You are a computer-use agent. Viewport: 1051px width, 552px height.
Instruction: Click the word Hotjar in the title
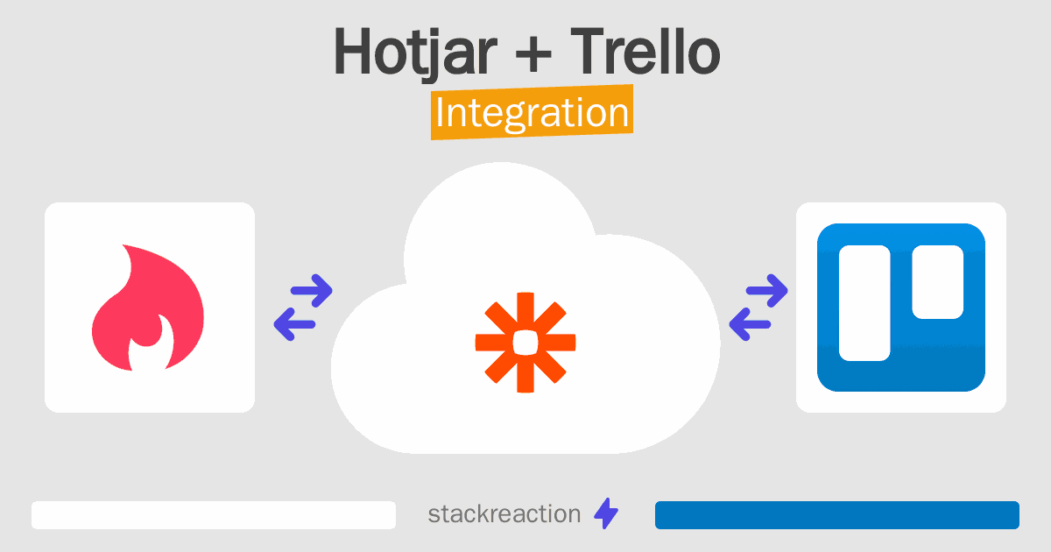point(415,53)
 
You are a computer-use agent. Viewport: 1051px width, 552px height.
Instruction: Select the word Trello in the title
point(645,51)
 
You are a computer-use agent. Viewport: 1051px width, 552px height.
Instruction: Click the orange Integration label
point(533,112)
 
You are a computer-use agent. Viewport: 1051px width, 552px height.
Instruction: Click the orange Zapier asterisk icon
point(525,343)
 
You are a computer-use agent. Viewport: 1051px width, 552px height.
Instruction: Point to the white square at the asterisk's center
point(525,343)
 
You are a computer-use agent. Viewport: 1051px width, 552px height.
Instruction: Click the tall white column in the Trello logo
point(864,303)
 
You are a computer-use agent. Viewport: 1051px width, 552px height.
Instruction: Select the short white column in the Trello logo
point(937,281)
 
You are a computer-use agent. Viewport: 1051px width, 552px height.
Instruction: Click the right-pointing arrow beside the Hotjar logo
point(312,291)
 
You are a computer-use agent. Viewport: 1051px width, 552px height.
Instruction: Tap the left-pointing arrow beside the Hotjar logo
point(294,324)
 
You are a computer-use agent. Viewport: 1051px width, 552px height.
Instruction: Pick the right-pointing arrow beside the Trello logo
point(766,291)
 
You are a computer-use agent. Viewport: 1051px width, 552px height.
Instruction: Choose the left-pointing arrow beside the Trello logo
point(750,324)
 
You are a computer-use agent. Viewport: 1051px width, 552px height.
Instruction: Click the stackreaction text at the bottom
point(504,514)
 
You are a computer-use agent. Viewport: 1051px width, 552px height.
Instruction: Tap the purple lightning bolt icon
point(606,513)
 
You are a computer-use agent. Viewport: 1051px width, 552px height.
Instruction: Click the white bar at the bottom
point(214,515)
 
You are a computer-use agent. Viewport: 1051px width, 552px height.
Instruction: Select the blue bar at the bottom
point(837,515)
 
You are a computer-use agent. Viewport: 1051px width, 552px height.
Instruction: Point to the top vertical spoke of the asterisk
point(525,311)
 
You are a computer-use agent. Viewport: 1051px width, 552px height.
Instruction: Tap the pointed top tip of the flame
point(123,245)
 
